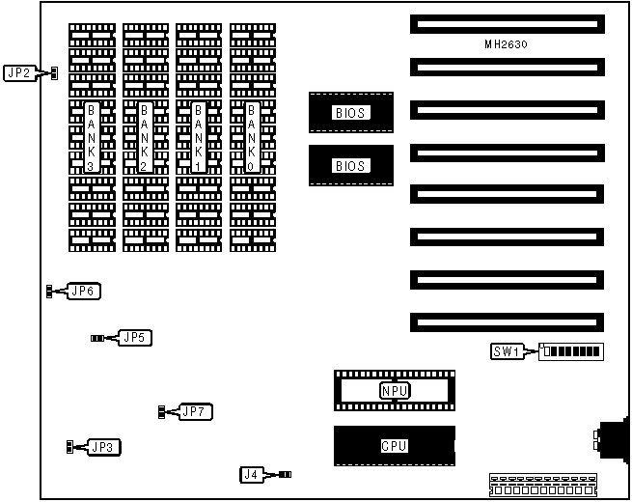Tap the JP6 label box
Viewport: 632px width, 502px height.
[84, 291]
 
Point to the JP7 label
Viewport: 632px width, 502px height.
[196, 412]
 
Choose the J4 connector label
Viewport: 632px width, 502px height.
[251, 474]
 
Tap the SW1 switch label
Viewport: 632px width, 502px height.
[507, 351]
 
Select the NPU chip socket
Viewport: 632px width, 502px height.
[394, 390]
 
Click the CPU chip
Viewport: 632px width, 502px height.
[394, 446]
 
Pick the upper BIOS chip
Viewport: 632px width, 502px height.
[351, 113]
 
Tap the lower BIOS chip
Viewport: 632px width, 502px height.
[351, 165]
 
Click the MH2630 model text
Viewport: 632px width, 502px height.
[508, 44]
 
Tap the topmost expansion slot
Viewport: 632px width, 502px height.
[506, 24]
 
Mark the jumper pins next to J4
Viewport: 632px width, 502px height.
[284, 474]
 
